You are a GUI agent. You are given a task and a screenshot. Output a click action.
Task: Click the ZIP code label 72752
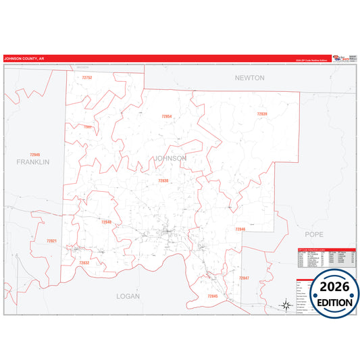point(86,78)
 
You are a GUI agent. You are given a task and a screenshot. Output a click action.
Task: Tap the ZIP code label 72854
point(167,116)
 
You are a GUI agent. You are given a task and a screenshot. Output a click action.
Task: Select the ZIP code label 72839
point(262,114)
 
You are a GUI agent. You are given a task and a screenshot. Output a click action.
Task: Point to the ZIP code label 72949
point(34,155)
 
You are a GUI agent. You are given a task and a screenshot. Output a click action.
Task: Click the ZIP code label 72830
point(163,181)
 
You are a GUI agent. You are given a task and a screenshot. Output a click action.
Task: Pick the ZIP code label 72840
point(106,222)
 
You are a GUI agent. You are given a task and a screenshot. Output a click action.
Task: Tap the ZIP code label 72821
point(51,241)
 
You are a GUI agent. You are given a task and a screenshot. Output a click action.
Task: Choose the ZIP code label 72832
point(84,263)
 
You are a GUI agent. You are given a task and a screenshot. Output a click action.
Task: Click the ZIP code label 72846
point(240,230)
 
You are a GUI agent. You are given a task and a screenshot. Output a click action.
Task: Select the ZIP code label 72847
point(244,278)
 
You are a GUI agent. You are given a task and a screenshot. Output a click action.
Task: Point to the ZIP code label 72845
point(213,297)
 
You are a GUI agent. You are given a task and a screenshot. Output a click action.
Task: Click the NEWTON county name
point(249,78)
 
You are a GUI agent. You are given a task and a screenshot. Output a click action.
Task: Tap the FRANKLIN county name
point(33,162)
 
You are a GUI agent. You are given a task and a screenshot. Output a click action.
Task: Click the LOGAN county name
point(128,296)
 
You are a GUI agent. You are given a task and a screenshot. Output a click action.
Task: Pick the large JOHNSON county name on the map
point(170,158)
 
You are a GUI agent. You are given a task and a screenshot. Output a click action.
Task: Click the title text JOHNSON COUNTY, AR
point(24,59)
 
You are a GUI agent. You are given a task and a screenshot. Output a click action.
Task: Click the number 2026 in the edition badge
point(331,286)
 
